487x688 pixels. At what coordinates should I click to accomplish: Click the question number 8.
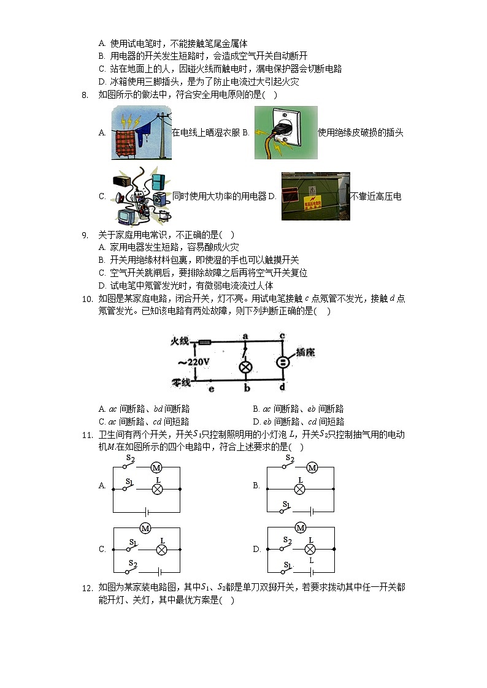(x=84, y=95)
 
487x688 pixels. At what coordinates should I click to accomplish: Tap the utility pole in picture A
(x=162, y=132)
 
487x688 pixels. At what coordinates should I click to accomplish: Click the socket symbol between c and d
(x=282, y=361)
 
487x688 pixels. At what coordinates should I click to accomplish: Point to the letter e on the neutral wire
(x=211, y=388)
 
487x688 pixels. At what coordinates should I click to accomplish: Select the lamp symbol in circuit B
(x=300, y=489)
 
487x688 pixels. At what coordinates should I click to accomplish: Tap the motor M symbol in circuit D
(x=300, y=527)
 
